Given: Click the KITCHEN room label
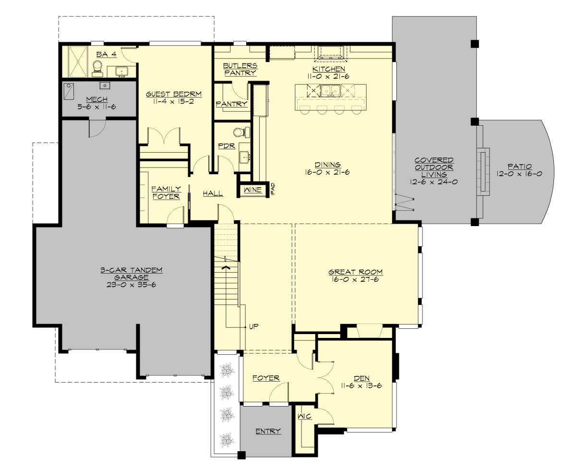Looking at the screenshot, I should pos(326,69).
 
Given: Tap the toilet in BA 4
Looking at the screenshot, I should pos(98,68).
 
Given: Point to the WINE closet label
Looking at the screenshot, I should pos(252,190).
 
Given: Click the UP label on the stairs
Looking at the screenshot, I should pos(254,326).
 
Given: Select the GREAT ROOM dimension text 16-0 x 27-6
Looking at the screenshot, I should pos(356,279).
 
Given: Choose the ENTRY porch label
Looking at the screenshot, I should pos(268,431).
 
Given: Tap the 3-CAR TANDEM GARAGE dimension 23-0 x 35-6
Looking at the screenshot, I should pos(132,285).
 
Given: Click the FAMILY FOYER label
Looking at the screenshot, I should pos(166,192).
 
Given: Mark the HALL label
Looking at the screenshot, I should pos(213,193).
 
